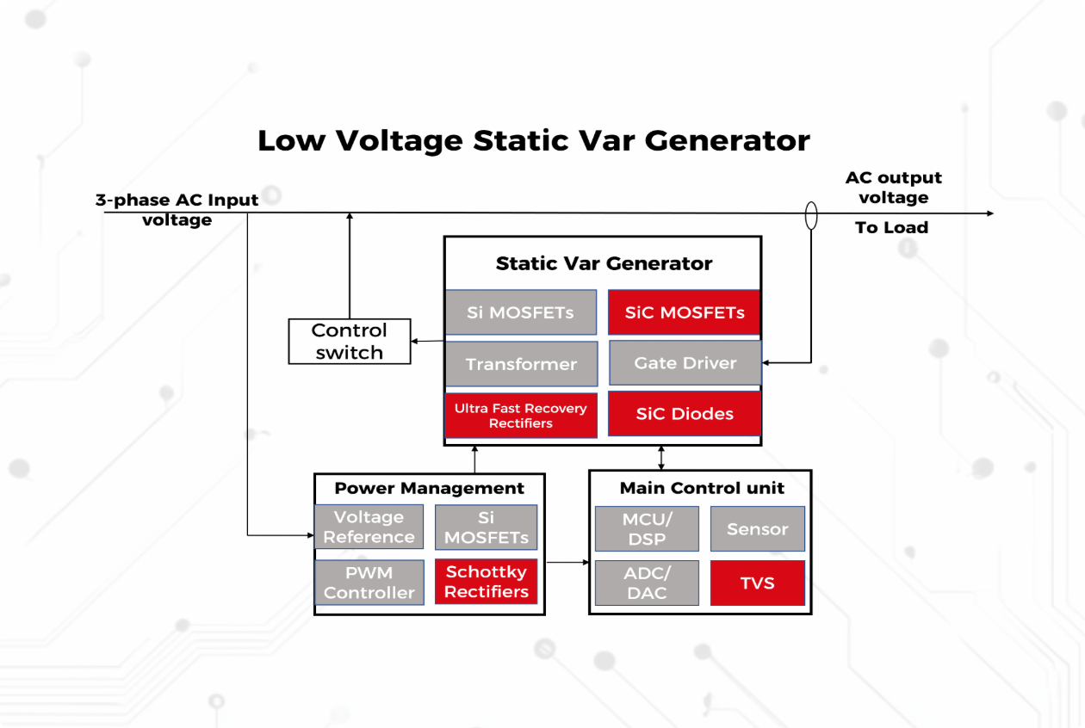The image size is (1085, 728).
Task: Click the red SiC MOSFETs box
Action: tap(685, 312)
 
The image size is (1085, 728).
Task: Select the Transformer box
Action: tap(521, 364)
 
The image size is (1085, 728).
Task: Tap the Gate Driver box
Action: tap(685, 363)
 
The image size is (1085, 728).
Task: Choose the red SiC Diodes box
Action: tap(685, 414)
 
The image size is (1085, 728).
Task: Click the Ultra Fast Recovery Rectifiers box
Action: tap(521, 416)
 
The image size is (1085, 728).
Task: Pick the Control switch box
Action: tap(349, 342)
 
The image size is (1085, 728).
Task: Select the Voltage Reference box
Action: tap(369, 527)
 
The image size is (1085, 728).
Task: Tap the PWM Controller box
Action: tap(369, 583)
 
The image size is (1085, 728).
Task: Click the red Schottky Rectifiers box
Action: tap(487, 583)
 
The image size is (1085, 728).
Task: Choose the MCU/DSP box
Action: tap(648, 529)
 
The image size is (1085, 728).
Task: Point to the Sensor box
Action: tap(758, 529)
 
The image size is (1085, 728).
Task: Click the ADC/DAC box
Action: tap(648, 583)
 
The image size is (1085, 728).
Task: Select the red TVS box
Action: tap(758, 583)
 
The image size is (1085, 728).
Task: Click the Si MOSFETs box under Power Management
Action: tap(487, 527)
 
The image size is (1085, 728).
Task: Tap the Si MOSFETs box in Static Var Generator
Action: tap(521, 312)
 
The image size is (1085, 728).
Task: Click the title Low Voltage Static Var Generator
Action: tap(534, 140)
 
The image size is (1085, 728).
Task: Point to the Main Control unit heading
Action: tap(702, 488)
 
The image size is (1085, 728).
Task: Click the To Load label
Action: tap(891, 228)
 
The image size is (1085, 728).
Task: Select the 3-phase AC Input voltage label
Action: tap(177, 210)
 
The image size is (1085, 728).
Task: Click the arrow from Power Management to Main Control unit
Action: tap(567, 563)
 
